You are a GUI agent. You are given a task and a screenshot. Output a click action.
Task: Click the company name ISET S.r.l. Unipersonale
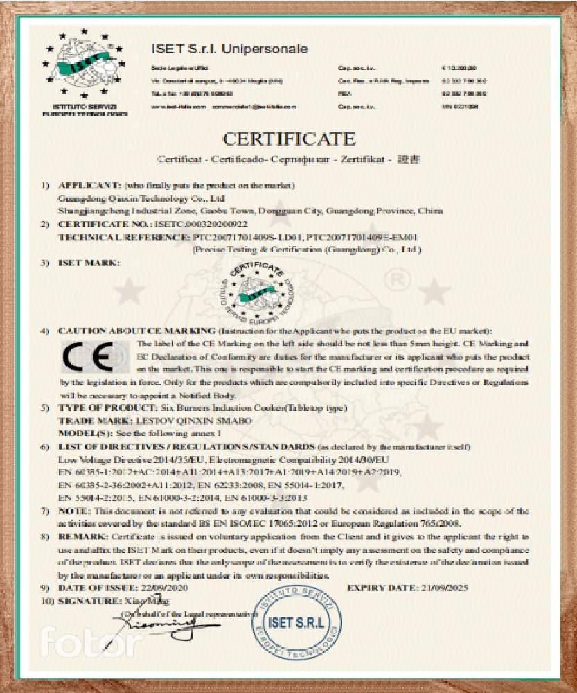point(229,49)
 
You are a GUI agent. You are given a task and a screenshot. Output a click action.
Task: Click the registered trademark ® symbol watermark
point(398,283)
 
